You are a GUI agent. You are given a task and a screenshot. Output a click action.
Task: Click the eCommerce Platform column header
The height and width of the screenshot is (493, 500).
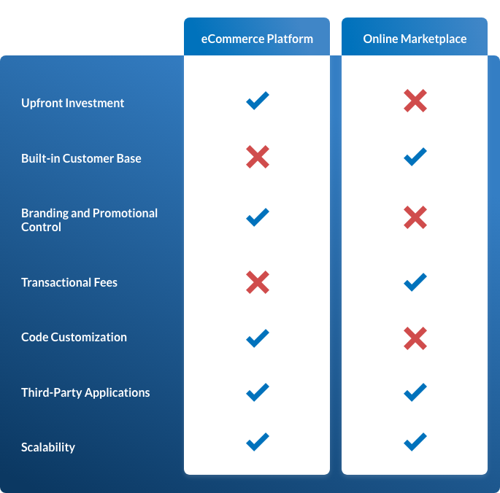257,39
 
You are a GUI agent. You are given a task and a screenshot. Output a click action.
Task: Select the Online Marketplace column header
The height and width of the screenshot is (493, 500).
415,39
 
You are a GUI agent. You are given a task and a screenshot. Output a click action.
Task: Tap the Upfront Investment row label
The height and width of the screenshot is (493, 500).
73,103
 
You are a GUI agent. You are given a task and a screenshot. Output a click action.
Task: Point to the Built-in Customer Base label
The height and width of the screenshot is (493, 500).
81,158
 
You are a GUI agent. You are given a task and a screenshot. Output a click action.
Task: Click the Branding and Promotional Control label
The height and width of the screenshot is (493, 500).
89,220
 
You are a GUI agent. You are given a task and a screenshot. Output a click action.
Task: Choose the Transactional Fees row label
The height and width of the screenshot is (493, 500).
69,282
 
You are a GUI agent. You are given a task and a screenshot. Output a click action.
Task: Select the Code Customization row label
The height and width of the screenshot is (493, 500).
74,337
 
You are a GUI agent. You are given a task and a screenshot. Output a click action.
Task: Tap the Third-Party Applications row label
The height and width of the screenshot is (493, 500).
85,392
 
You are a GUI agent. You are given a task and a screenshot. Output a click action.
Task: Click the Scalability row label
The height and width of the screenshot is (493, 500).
48,447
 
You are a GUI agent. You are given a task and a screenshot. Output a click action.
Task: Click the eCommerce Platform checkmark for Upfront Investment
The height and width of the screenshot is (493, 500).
257,101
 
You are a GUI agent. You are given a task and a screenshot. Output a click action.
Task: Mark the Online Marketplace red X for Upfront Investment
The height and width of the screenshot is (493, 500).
415,101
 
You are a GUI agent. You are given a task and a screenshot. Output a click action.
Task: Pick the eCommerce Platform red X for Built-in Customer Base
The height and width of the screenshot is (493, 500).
257,156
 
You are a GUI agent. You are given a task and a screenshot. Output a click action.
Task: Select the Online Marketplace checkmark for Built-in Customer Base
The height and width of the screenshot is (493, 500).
415,156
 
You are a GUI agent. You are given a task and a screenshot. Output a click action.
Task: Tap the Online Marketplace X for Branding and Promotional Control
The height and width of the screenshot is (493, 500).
415,217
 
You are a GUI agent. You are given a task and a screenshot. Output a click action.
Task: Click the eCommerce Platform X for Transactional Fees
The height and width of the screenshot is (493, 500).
257,282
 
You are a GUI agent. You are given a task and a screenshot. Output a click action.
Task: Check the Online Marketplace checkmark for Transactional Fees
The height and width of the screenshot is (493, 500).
415,282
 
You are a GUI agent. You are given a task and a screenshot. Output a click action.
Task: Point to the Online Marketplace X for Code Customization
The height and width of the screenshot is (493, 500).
415,338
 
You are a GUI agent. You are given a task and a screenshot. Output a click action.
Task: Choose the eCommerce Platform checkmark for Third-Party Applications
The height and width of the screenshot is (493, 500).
257,392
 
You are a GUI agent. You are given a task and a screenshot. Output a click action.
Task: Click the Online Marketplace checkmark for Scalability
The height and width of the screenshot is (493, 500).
415,442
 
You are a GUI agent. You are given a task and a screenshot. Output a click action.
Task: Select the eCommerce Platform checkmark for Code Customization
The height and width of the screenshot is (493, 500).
257,338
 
